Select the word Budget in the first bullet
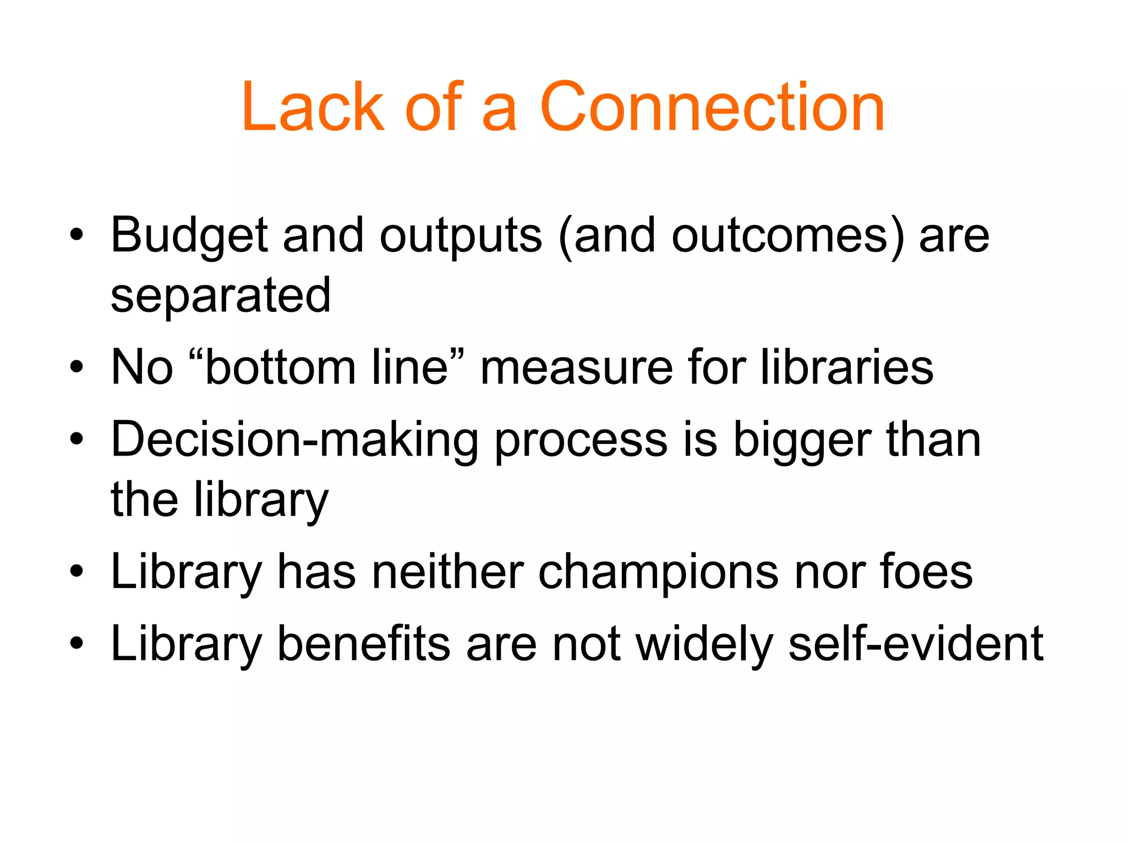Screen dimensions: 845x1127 tap(188, 237)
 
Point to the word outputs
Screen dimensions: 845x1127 tap(461, 237)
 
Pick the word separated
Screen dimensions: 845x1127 tap(221, 295)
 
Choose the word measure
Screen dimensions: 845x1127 tap(576, 367)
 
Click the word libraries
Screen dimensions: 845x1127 tap(847, 367)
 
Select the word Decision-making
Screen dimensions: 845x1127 tap(294, 441)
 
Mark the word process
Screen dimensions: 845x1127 tap(581, 441)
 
